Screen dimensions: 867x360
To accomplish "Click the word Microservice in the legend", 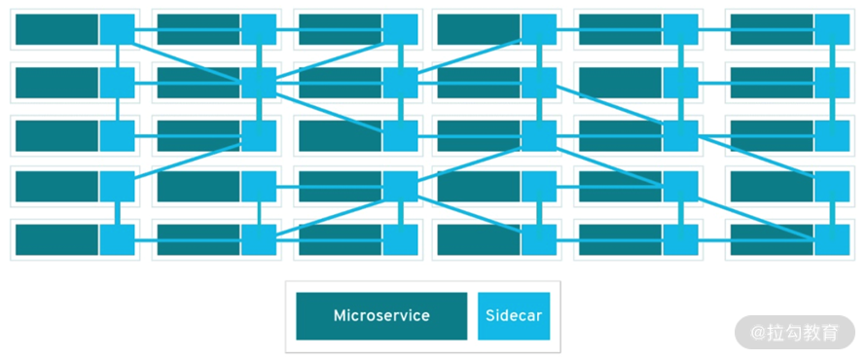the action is coord(381,316).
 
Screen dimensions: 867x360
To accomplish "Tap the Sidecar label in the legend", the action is coord(514,316).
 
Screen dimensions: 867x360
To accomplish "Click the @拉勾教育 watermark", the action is coord(795,333).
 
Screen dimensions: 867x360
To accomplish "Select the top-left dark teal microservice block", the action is coord(57,29).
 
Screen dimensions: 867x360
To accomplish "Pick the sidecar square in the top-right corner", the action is coord(832,29).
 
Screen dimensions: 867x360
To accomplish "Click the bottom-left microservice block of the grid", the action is coord(57,240).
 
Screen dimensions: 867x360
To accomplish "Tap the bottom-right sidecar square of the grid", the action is coord(832,240).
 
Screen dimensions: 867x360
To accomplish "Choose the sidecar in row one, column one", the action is coord(117,29).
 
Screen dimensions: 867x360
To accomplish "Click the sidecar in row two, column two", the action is coord(259,83).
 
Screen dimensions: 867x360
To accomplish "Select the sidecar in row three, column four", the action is coord(539,136).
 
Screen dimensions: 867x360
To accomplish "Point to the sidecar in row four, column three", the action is coord(400,187).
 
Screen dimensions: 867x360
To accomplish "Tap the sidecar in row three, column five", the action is coord(681,136).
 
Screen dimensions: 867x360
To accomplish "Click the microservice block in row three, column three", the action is coord(341,136).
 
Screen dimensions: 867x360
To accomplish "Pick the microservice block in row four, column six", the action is coord(772,187).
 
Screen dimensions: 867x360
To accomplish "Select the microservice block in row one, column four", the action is coord(479,29).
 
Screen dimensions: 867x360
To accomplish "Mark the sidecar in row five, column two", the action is coord(259,240).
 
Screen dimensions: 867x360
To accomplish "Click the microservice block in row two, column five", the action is coord(621,83).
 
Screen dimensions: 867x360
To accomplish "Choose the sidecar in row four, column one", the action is coord(117,187).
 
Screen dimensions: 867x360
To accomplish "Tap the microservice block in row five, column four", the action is coord(479,240).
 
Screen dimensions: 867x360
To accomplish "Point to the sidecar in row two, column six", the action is coord(832,83).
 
